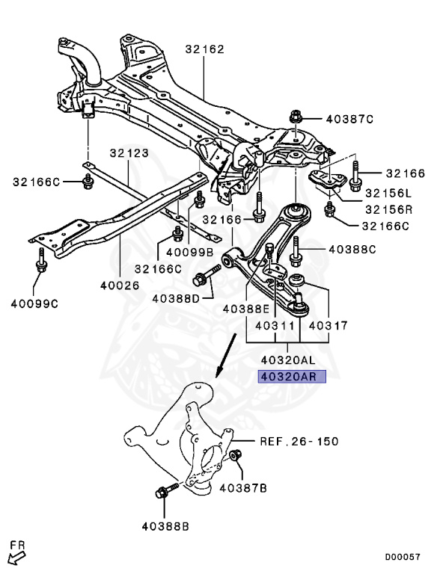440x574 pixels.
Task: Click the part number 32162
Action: coord(204,49)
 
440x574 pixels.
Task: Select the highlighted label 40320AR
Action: coord(293,377)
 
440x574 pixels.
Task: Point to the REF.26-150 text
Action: coord(299,441)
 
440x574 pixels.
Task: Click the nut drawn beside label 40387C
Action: coord(294,118)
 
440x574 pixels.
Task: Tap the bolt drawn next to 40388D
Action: coord(202,280)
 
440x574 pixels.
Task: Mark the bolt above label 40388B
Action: coord(164,494)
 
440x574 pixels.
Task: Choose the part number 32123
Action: coord(129,153)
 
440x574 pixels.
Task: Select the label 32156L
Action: coord(388,192)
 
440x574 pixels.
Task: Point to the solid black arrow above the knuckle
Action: coord(223,364)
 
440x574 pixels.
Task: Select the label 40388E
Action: coord(245,308)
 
